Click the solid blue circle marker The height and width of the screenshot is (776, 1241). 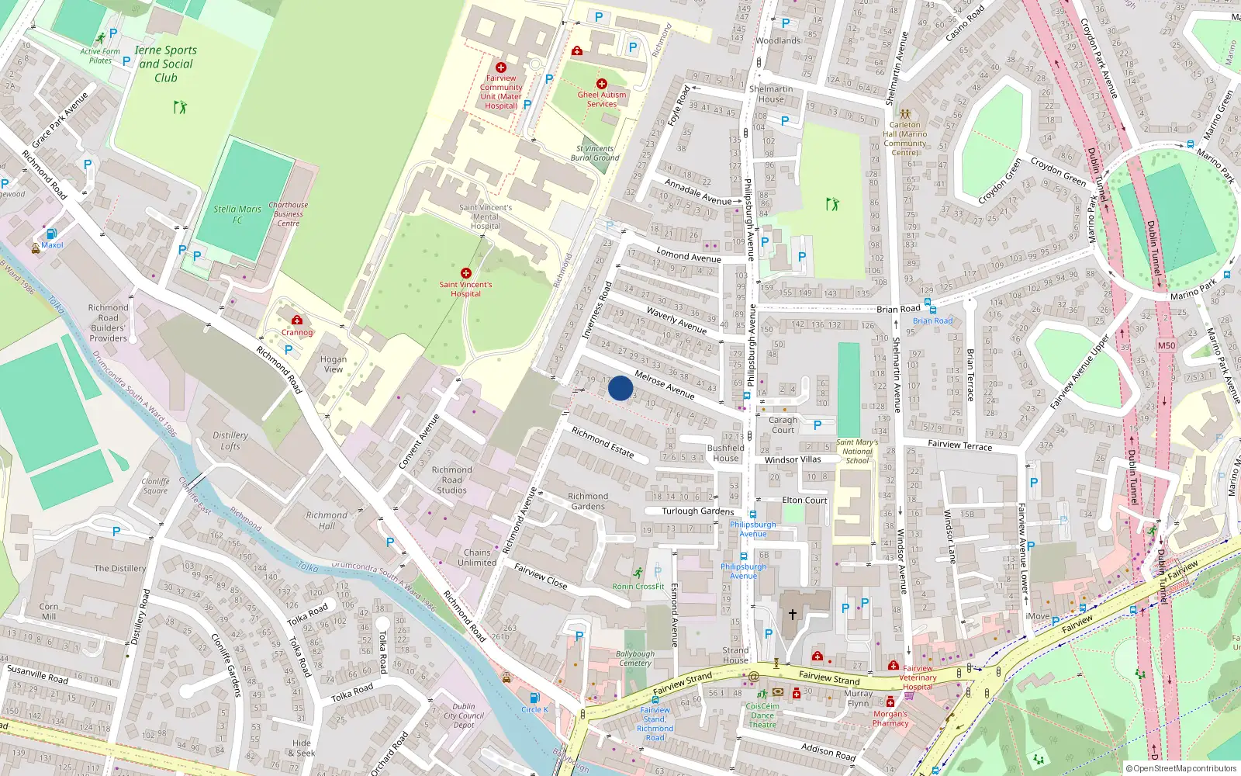coord(620,388)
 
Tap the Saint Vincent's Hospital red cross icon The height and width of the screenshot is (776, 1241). coord(465,273)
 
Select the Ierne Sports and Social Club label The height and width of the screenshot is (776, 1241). coord(165,64)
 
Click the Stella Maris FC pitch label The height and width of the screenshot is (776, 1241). coord(237,214)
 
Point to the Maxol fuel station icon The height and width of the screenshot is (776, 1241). coord(51,234)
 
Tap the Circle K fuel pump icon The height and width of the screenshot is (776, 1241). coord(534,698)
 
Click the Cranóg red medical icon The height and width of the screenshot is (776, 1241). coord(296,320)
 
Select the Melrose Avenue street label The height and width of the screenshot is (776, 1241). coord(664,384)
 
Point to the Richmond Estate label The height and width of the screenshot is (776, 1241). coord(602,442)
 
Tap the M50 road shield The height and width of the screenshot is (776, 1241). coord(1166,346)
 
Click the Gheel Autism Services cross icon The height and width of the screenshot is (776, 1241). coord(601,84)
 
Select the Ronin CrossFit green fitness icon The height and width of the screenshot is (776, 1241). coord(638,573)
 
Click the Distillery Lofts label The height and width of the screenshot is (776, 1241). coord(230,441)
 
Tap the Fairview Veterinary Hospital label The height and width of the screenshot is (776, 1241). coord(918,677)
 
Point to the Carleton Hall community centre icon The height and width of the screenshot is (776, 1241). coord(904,113)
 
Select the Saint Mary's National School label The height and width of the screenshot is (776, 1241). coord(857,451)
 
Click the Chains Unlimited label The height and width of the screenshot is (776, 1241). coord(477,557)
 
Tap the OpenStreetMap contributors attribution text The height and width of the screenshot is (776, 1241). coord(1181,768)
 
